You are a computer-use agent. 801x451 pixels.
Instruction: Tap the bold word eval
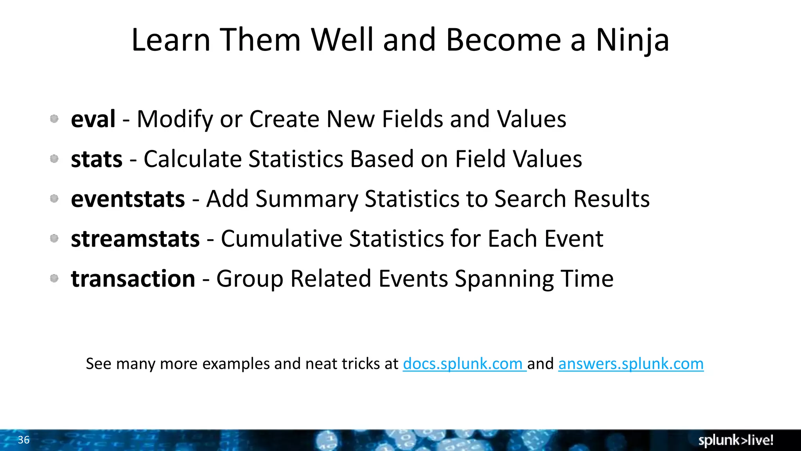93,119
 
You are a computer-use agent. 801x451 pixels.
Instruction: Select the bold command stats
97,159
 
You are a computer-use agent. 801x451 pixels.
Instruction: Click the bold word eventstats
128,199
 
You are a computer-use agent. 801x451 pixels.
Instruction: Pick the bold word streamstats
135,239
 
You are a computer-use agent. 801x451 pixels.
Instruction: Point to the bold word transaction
133,279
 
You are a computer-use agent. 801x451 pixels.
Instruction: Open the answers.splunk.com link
630,364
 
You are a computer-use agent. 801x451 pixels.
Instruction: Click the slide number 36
23,440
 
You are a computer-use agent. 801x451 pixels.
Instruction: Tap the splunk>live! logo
736,440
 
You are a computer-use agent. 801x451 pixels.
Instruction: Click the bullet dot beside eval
54,119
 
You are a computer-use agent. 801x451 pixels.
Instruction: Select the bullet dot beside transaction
54,278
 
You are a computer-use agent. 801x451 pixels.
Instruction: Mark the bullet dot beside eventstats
54,198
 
